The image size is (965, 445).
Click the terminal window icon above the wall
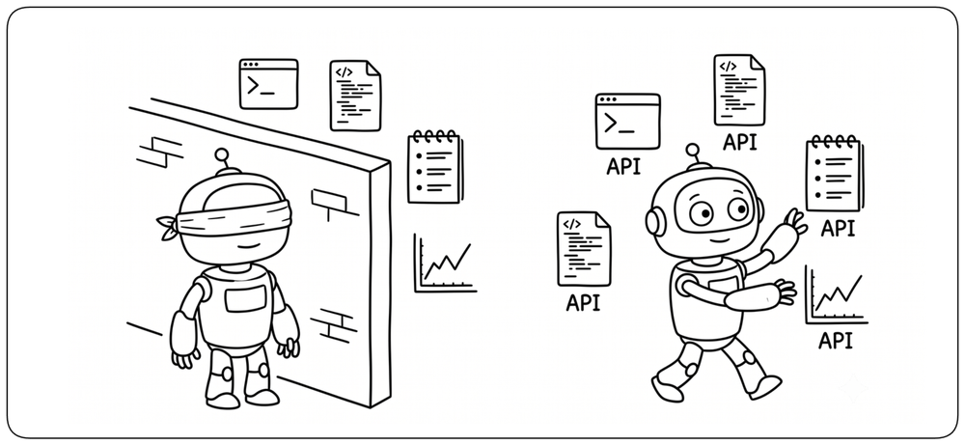268,84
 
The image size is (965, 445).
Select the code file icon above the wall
355,96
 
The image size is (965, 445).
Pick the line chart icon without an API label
444,263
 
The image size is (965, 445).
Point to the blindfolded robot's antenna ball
222,154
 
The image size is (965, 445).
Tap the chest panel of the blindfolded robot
245,299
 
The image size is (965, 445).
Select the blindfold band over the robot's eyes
233,215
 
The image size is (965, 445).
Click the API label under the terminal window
623,166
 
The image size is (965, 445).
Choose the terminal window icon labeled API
627,122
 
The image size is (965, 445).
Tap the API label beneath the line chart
835,340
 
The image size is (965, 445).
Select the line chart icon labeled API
836,295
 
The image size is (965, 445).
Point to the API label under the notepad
838,229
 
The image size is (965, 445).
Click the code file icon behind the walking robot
584,249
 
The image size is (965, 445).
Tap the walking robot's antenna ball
693,151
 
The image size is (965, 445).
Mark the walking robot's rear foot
667,387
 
